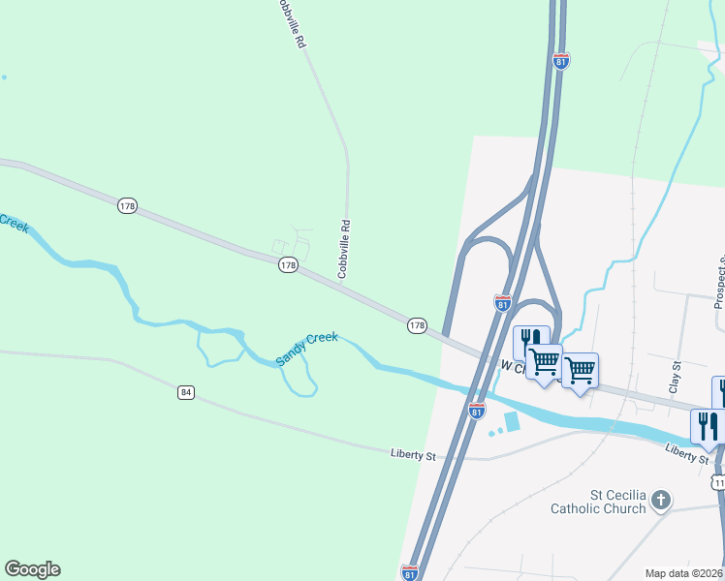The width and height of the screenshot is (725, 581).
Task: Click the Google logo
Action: tap(32, 569)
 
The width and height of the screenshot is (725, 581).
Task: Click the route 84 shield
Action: tap(186, 392)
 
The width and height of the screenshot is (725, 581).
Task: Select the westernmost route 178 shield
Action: tap(128, 205)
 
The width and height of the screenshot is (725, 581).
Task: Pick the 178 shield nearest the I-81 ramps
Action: tap(417, 326)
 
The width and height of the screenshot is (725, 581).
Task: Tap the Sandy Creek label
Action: tap(306, 349)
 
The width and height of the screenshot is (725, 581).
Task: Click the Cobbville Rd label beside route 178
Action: tap(342, 248)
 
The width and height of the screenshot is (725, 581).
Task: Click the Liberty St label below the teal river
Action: tap(689, 452)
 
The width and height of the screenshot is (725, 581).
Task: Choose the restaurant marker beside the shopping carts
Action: tap(529, 342)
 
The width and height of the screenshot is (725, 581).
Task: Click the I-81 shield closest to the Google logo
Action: tap(410, 572)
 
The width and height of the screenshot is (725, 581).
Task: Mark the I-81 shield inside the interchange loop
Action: tap(502, 303)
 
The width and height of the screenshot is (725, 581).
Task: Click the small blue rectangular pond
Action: tap(512, 422)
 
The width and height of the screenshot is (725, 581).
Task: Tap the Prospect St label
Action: tap(719, 281)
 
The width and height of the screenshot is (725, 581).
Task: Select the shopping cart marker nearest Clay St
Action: tap(580, 370)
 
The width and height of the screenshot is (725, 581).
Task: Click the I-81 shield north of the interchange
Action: tap(561, 61)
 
